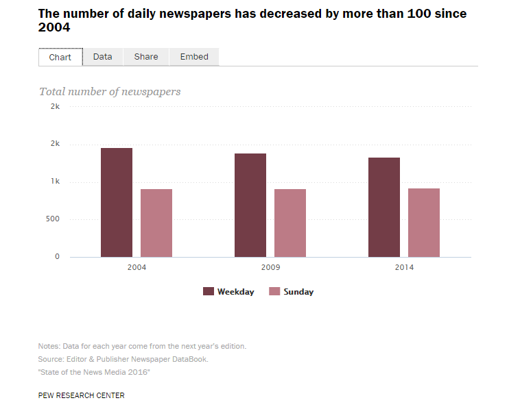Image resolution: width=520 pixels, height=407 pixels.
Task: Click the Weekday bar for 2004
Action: coord(117,203)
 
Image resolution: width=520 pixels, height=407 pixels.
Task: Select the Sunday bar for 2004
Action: coord(156,223)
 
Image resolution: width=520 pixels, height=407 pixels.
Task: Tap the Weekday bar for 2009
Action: coord(250,206)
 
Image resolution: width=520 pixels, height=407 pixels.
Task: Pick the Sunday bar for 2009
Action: coord(290,223)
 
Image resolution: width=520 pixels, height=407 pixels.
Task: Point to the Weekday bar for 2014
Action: coord(384,208)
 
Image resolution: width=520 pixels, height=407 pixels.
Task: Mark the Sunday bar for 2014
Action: coord(424,223)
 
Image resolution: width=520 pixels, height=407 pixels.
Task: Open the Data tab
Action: coord(103,57)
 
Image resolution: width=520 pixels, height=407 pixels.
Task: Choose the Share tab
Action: coord(146,57)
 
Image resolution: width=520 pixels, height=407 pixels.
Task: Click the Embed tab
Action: coord(194,57)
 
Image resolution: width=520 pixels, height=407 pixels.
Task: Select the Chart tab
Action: coord(60,57)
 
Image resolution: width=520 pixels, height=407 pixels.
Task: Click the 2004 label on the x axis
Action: coord(137,267)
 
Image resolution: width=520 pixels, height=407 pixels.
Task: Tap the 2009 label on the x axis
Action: coord(270,267)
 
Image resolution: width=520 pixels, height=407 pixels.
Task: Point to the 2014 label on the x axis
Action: coord(404,267)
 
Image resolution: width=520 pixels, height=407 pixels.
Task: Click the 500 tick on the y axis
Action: coord(52,219)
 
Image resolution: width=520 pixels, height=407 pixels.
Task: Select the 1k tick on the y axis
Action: coord(55,182)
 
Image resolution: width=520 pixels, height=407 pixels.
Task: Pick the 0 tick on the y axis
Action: coord(57,257)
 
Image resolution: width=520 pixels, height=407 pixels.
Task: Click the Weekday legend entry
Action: coord(229,292)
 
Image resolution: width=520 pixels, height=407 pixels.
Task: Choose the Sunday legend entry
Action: coord(292,292)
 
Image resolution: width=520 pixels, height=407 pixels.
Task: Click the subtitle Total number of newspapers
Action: coord(110,91)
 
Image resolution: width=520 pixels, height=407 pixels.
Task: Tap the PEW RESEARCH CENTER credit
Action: coord(82,395)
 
